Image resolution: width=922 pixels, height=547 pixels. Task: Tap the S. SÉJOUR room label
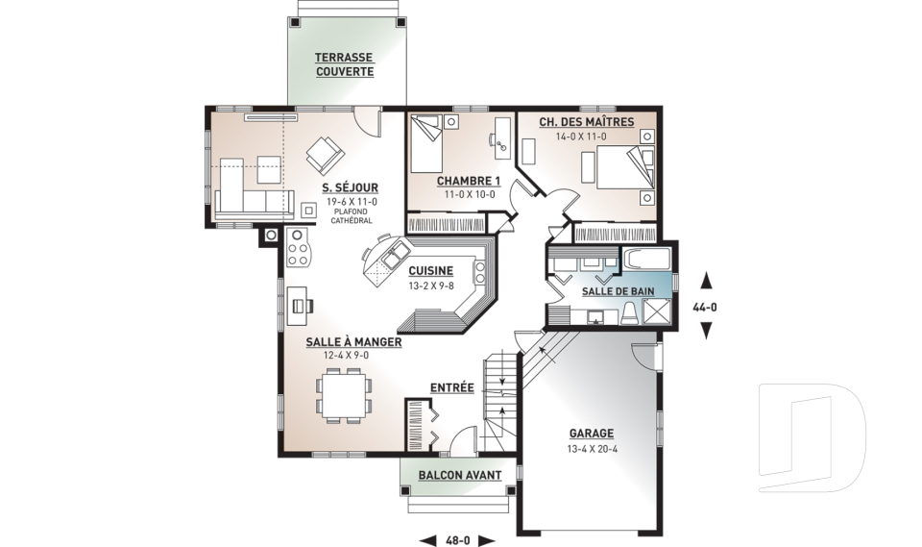pyautogui.click(x=350, y=187)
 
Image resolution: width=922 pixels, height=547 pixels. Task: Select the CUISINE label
pyautogui.click(x=431, y=271)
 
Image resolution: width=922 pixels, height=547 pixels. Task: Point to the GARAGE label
pyautogui.click(x=591, y=434)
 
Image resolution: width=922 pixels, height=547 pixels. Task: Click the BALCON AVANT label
pyautogui.click(x=460, y=475)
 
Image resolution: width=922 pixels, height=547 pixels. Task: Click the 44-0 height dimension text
pyautogui.click(x=706, y=307)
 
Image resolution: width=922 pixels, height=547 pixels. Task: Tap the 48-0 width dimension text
pyautogui.click(x=458, y=540)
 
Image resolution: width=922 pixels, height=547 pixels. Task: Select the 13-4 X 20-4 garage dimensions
pyautogui.click(x=592, y=449)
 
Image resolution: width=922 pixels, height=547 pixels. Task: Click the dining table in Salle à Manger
pyautogui.click(x=345, y=395)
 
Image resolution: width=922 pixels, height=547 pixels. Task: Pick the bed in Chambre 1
pyautogui.click(x=426, y=143)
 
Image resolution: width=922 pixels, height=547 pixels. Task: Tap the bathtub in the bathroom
pyautogui.click(x=646, y=260)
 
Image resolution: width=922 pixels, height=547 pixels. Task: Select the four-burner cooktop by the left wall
pyautogui.click(x=298, y=247)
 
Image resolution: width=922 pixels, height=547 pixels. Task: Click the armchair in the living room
pyautogui.click(x=324, y=155)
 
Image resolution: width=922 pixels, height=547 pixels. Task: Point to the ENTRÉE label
pyautogui.click(x=451, y=387)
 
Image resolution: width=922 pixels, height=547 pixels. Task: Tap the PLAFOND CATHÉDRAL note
pyautogui.click(x=352, y=216)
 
